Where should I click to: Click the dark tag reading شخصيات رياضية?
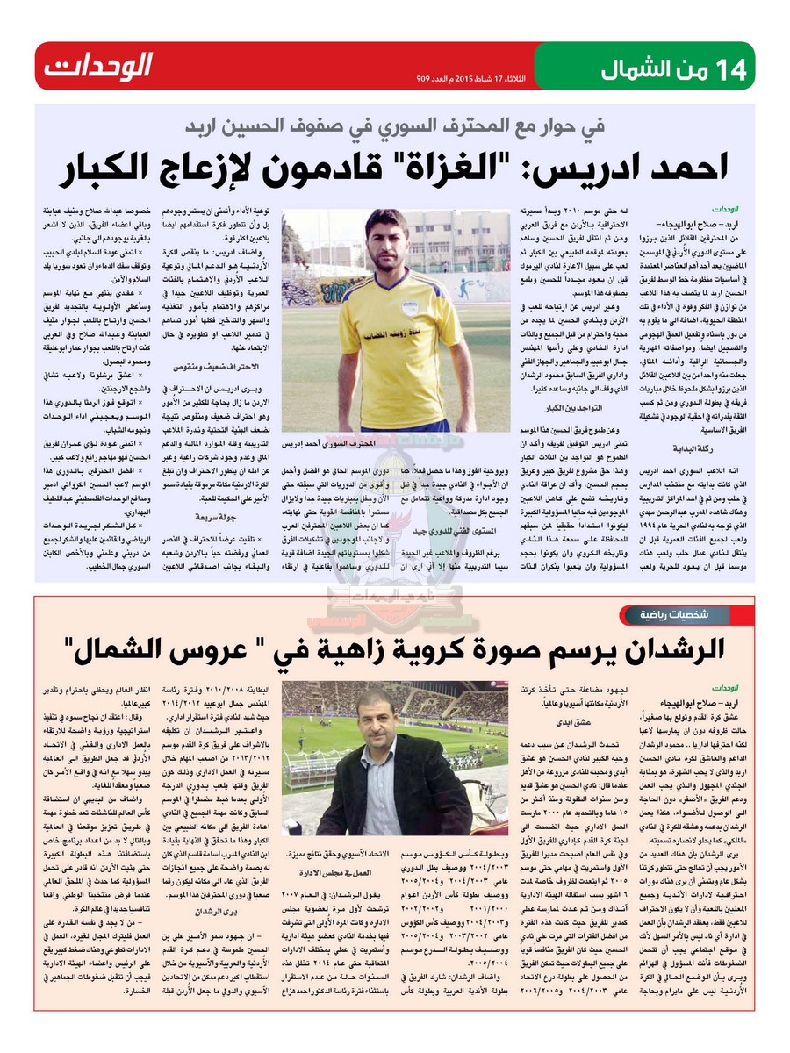699,611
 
